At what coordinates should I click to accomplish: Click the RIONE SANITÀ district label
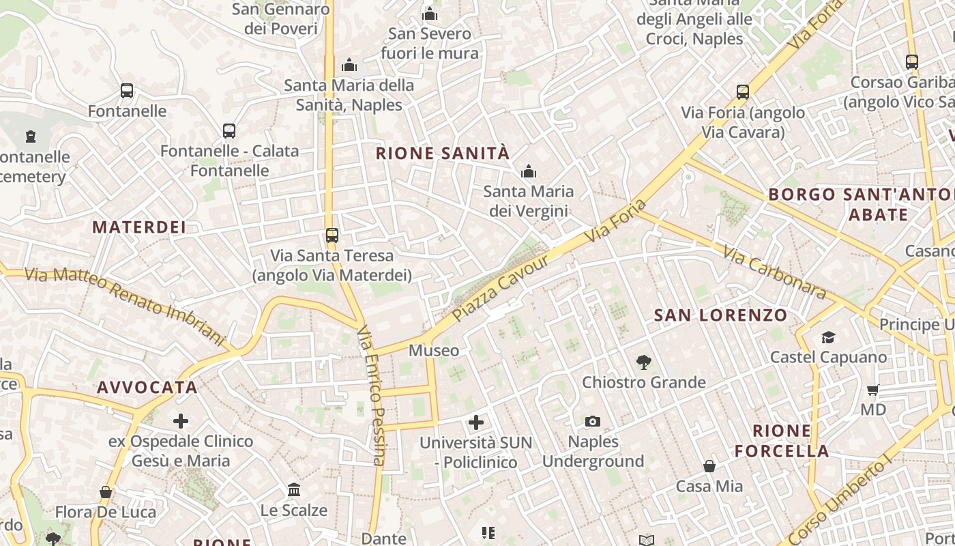point(443,154)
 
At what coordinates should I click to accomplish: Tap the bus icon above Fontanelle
point(127,91)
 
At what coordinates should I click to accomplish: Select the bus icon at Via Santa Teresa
point(332,235)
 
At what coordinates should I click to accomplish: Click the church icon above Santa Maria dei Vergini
point(528,172)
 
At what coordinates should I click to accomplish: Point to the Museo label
point(434,351)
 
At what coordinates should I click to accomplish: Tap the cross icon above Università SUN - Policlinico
point(476,422)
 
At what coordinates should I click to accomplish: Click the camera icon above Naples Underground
point(593,422)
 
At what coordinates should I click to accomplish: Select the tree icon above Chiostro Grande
point(643,362)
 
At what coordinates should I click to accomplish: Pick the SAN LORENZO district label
point(721,315)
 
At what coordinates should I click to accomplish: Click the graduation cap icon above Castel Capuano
point(828,337)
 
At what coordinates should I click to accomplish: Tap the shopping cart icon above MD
point(872,390)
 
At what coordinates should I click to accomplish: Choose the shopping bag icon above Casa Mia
point(709,467)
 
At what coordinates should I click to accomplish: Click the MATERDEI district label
point(139,227)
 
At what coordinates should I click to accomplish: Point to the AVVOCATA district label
point(147,388)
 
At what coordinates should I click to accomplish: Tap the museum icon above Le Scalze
point(294,490)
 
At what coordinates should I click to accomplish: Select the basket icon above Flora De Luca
point(106,492)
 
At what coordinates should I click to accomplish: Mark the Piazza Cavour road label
point(501,289)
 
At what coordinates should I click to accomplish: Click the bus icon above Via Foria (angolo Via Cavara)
point(743,92)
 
